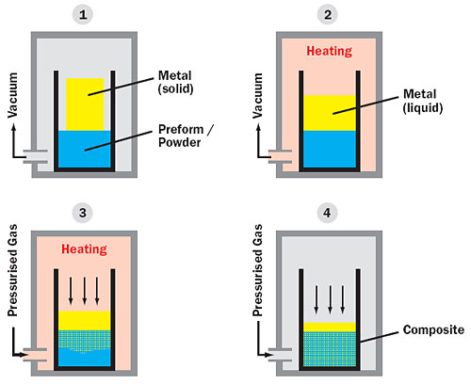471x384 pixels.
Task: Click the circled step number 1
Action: [83, 15]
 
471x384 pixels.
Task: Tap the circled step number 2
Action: [328, 15]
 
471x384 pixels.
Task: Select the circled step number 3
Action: [83, 213]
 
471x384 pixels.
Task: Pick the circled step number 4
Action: [327, 213]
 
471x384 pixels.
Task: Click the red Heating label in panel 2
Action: [330, 51]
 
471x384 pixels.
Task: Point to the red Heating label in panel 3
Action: [84, 249]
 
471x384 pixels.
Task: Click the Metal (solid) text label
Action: [175, 82]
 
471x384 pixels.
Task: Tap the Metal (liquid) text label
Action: [423, 101]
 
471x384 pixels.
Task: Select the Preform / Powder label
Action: [186, 136]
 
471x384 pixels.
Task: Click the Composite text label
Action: [433, 330]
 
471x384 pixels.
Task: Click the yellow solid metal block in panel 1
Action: [85, 104]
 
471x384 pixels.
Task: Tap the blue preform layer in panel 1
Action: [85, 149]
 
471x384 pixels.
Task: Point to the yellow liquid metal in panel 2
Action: [330, 113]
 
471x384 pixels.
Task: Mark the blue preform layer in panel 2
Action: [330, 150]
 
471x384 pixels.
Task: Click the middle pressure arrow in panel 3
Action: [84, 291]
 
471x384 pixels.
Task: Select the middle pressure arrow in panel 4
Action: [330, 299]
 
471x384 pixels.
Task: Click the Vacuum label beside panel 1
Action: [13, 95]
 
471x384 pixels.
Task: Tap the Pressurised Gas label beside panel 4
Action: [258, 270]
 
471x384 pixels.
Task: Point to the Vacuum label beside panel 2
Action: [258, 96]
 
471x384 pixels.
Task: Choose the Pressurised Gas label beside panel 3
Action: [13, 270]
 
